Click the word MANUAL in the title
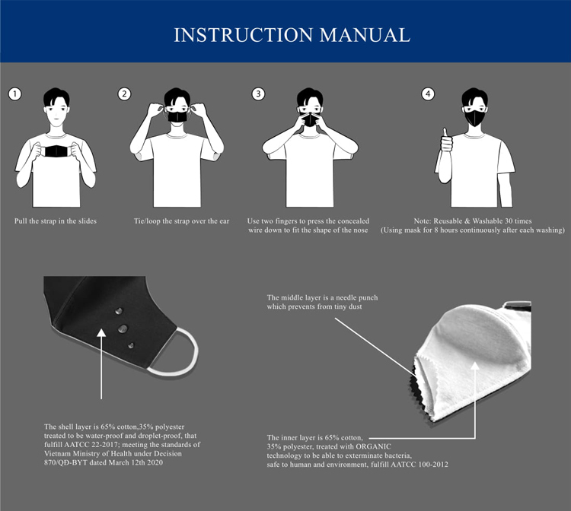(x=365, y=35)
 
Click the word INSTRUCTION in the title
(x=244, y=35)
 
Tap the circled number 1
(x=14, y=94)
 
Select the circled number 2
(x=124, y=94)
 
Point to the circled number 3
(x=258, y=94)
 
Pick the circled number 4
(x=428, y=94)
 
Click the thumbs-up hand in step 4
(x=446, y=141)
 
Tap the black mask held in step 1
(x=56, y=151)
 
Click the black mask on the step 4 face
(x=475, y=118)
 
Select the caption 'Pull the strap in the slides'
(x=56, y=221)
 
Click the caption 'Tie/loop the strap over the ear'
(x=182, y=221)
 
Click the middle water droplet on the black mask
(x=123, y=328)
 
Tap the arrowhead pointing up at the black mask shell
(x=101, y=333)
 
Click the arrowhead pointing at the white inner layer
(x=475, y=366)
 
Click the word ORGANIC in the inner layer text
(x=373, y=446)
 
